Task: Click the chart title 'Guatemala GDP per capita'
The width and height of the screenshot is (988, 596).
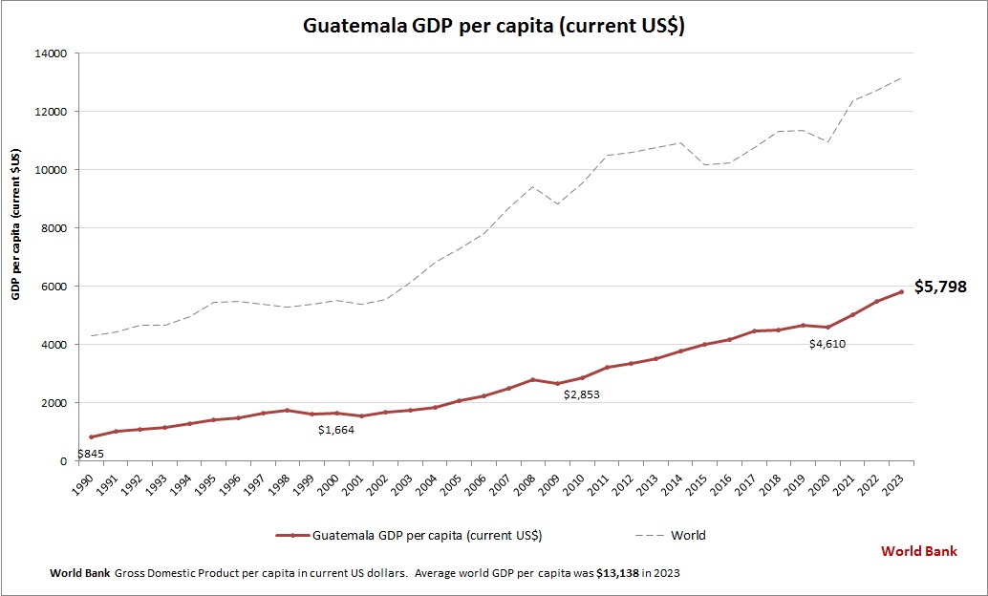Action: tap(494, 27)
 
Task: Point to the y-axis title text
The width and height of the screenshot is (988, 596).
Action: tap(16, 225)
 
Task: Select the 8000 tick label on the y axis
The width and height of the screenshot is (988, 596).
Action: tap(52, 228)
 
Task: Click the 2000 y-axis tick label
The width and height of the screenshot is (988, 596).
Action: tap(52, 403)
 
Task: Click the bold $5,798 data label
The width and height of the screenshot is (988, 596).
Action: tap(940, 287)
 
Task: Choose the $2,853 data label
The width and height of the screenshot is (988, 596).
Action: tap(582, 394)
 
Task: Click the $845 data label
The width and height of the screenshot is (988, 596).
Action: tap(91, 453)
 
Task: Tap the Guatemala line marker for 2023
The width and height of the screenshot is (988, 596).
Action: tap(901, 291)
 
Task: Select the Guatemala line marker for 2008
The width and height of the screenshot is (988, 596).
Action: tap(533, 379)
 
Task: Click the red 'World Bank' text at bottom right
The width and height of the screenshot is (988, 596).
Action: tap(918, 551)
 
